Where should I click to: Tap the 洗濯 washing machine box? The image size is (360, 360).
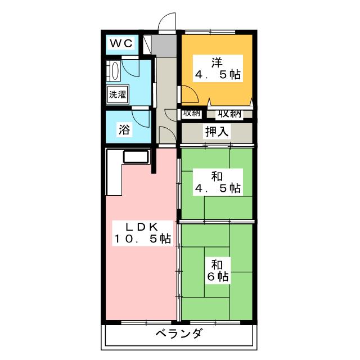[x=118, y=94]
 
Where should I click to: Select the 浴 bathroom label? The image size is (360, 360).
[x=124, y=129]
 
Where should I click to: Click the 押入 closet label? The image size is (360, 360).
[x=217, y=133]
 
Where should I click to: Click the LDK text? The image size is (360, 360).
[x=141, y=227]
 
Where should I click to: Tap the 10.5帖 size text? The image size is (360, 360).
[x=141, y=239]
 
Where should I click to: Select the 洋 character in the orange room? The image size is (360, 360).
[x=217, y=61]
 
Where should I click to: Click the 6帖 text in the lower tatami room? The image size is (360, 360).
[x=217, y=276]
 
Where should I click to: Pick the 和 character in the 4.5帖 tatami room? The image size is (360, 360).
[x=217, y=176]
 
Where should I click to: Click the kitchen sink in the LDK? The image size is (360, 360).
[x=135, y=157]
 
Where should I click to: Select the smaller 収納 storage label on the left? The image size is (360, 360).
[x=191, y=112]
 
